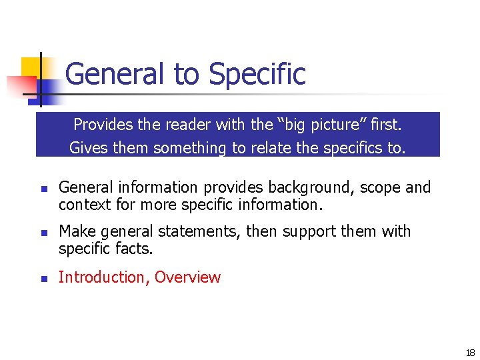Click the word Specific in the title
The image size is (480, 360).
pyautogui.click(x=257, y=74)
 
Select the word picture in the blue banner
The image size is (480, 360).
pyautogui.click(x=343, y=125)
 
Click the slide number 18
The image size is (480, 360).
pyautogui.click(x=470, y=353)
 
